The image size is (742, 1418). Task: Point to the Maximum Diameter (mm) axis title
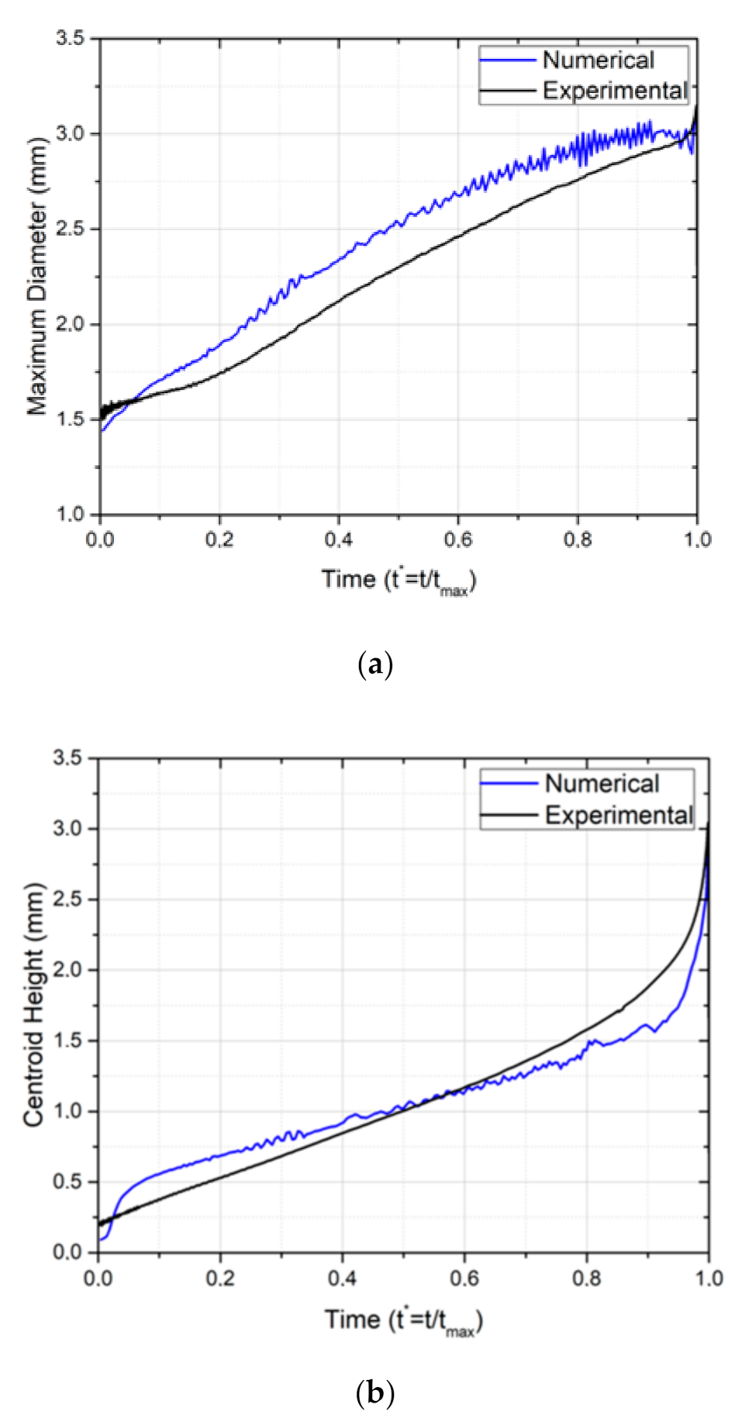click(36, 276)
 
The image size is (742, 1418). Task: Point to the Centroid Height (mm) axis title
click(33, 1004)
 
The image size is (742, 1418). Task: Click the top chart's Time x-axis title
click(399, 580)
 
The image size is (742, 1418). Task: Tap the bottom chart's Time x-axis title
click(403, 1320)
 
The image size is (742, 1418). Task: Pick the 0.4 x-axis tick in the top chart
click(338, 540)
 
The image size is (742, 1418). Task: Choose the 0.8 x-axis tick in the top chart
click(578, 540)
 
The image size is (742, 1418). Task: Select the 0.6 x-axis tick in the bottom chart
click(464, 1278)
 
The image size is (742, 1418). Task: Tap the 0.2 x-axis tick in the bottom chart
click(220, 1278)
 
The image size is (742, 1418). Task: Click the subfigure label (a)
click(375, 664)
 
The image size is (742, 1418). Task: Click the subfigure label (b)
click(375, 1393)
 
